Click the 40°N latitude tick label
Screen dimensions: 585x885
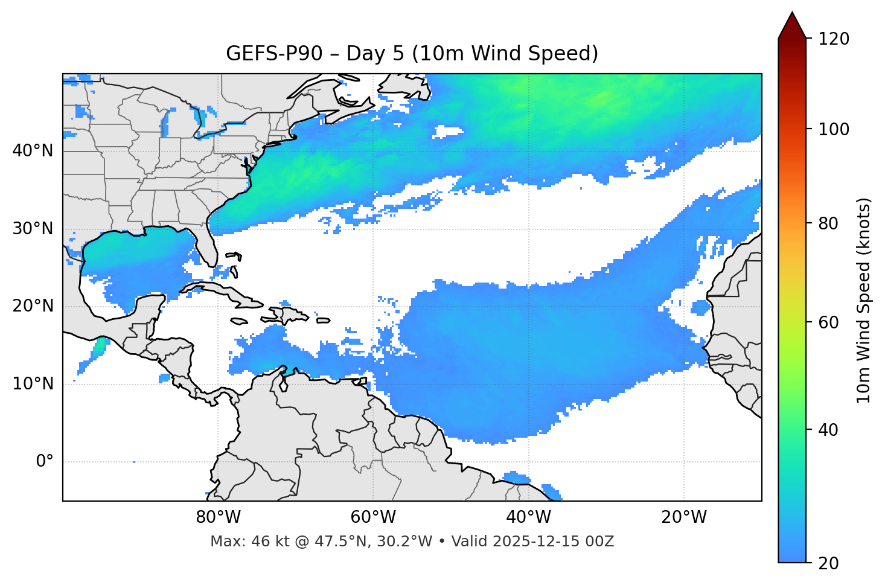pyautogui.click(x=33, y=151)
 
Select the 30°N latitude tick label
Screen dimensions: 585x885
pyautogui.click(x=33, y=229)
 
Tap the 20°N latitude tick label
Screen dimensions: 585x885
pyautogui.click(x=33, y=306)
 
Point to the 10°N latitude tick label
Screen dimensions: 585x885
pyautogui.click(x=33, y=384)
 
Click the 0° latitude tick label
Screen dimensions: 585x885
pyautogui.click(x=45, y=462)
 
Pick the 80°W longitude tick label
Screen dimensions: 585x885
pyautogui.click(x=218, y=517)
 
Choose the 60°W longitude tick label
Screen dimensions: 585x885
pyautogui.click(x=373, y=517)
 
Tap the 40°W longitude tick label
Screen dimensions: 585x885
pyautogui.click(x=528, y=517)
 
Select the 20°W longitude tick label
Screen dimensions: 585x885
pyautogui.click(x=684, y=517)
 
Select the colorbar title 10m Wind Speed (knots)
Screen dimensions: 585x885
pyautogui.click(x=864, y=300)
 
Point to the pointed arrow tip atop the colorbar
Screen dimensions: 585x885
pyautogui.click(x=792, y=13)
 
